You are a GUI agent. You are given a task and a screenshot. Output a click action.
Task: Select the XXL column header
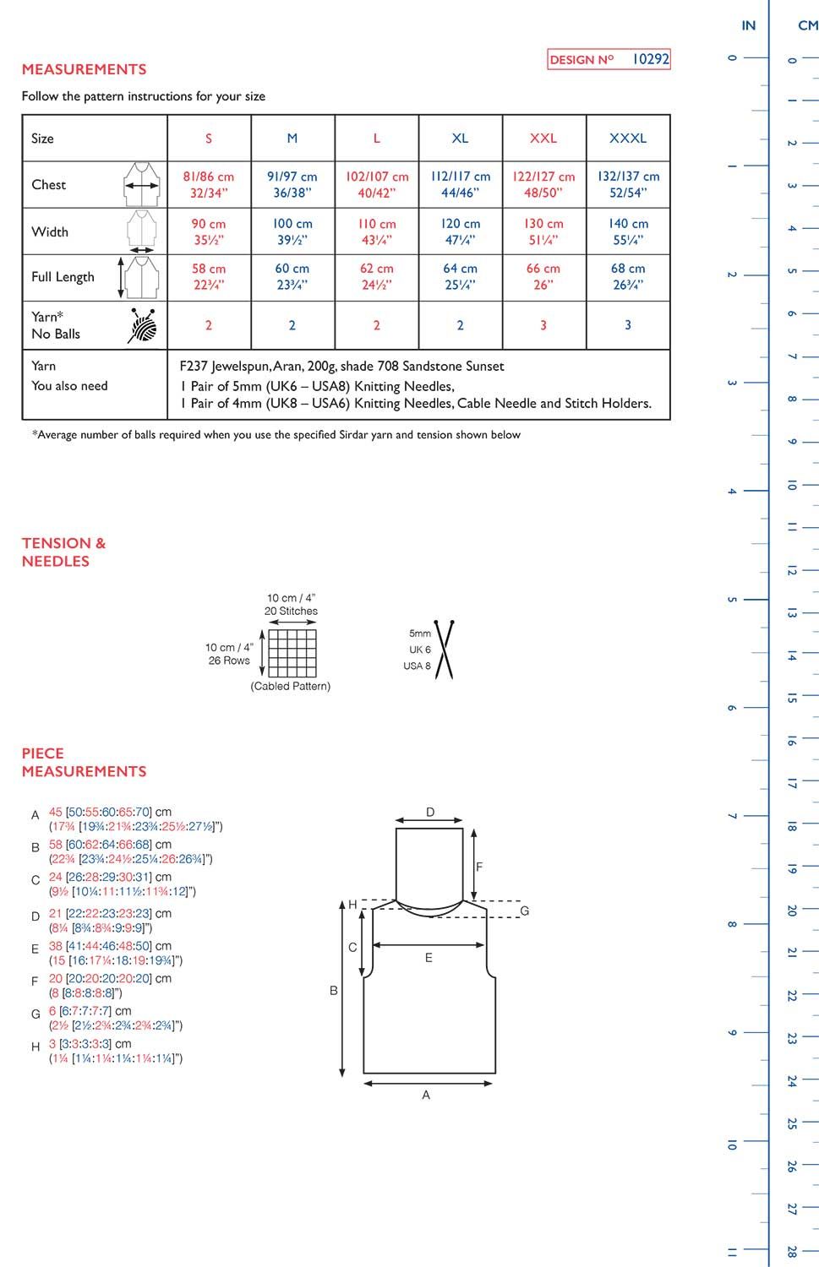pyautogui.click(x=543, y=138)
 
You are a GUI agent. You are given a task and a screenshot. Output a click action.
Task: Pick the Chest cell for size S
pyautogui.click(x=209, y=184)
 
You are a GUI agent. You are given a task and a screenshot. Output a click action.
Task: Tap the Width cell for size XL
pyautogui.click(x=460, y=231)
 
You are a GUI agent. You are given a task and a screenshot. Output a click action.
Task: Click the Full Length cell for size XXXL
pyautogui.click(x=628, y=276)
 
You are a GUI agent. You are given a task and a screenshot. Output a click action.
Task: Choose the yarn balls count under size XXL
pyautogui.click(x=543, y=325)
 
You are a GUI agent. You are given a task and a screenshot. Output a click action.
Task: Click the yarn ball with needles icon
pyautogui.click(x=143, y=325)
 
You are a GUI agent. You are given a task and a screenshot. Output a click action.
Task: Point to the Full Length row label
pyautogui.click(x=63, y=277)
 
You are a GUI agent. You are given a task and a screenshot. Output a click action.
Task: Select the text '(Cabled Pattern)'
pyautogui.click(x=291, y=687)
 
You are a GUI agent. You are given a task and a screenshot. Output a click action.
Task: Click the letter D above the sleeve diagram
pyautogui.click(x=430, y=813)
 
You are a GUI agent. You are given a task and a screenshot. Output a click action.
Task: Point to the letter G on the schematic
pyautogui.click(x=524, y=911)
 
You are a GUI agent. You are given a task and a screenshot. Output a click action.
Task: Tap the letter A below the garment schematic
pyautogui.click(x=426, y=1095)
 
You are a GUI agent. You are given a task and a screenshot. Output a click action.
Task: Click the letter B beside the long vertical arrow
pyautogui.click(x=333, y=990)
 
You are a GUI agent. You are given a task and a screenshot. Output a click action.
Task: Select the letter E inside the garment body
pyautogui.click(x=429, y=958)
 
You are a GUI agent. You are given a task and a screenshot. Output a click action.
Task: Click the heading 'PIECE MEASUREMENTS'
pyautogui.click(x=84, y=762)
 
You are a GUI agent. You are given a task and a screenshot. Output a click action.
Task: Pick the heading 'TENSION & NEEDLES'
pyautogui.click(x=63, y=552)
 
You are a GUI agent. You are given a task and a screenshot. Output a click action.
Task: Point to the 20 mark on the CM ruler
pyautogui.click(x=792, y=911)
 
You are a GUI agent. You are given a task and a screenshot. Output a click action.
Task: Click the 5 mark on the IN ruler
pyautogui.click(x=732, y=600)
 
